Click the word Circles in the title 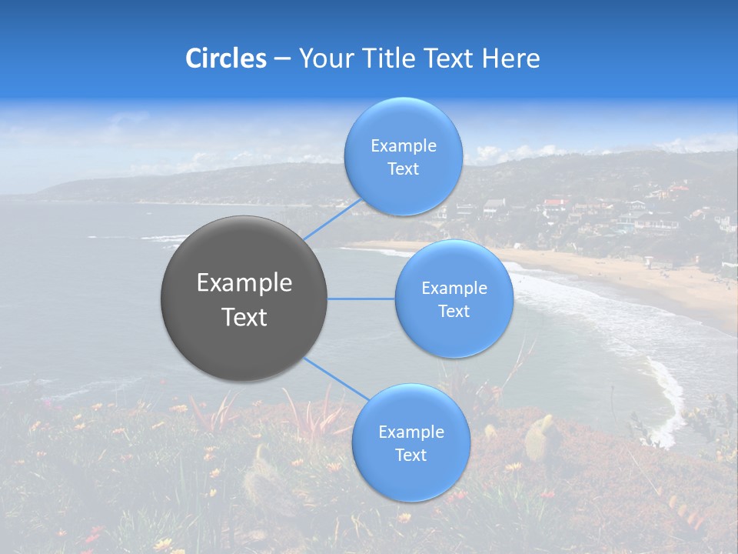tap(225, 58)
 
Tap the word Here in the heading tap(510, 58)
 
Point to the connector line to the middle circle tap(361, 299)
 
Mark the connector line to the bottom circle tap(335, 380)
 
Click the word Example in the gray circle tap(244, 283)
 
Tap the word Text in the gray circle tap(244, 317)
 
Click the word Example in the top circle tap(404, 146)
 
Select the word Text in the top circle tap(403, 169)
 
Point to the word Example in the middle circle tap(454, 289)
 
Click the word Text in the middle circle tap(454, 312)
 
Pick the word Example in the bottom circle tap(411, 432)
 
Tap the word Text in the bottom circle tap(411, 456)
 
